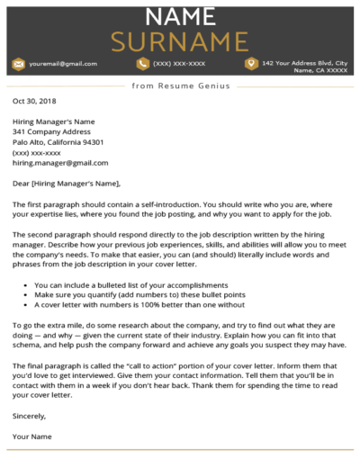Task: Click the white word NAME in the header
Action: (x=179, y=16)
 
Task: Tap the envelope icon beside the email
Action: (x=18, y=64)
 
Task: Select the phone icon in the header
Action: (x=142, y=64)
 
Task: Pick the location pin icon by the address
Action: (x=251, y=64)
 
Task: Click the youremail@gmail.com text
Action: (x=63, y=65)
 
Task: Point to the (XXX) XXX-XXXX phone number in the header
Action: (x=179, y=65)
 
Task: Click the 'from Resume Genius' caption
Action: (x=180, y=85)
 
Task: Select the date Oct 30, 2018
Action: (x=34, y=102)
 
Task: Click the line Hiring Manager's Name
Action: (x=53, y=121)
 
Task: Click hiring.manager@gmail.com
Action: (x=60, y=163)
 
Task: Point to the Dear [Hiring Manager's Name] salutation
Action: (x=68, y=184)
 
